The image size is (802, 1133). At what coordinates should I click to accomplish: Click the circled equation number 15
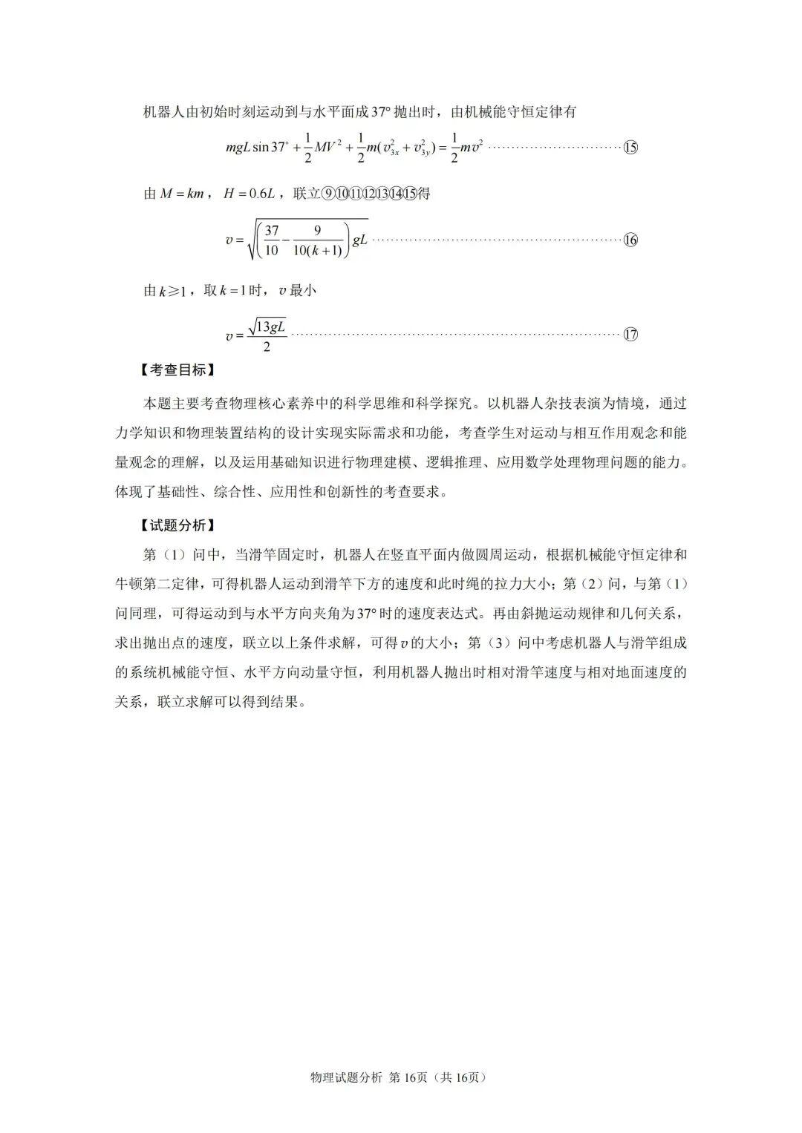coord(630,147)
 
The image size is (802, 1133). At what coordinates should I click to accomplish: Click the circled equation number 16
coord(630,240)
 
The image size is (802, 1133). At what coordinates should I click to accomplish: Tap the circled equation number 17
coord(630,334)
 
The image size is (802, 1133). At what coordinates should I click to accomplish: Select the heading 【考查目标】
coord(177,370)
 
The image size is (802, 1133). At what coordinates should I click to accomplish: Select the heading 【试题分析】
coord(177,525)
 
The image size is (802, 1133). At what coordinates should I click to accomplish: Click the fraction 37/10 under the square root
coord(271,240)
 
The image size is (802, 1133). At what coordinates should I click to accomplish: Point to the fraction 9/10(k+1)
coord(317,240)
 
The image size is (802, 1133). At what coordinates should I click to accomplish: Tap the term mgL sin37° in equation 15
coord(256,147)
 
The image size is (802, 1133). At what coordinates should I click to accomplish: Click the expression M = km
coord(182,194)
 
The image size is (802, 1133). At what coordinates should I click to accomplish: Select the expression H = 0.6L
coord(250,194)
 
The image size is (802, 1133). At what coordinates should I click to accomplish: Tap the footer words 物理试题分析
coord(346,1077)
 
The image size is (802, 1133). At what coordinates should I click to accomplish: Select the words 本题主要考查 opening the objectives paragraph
coord(185,404)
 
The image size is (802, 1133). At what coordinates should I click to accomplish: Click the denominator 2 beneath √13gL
coord(267,347)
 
